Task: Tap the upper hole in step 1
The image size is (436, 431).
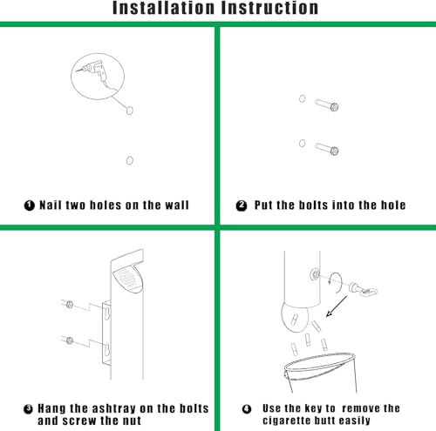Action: [x=130, y=111]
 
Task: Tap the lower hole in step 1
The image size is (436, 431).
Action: [x=130, y=160]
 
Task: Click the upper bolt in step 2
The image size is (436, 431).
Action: [x=327, y=105]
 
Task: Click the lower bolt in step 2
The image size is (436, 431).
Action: [x=327, y=149]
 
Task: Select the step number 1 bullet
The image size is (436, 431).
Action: [x=30, y=205]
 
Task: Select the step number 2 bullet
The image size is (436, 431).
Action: [x=242, y=205]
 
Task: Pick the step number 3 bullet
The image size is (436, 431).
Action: [x=28, y=409]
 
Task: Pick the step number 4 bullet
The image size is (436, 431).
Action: [x=247, y=409]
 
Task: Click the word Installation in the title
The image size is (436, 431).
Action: [x=163, y=8]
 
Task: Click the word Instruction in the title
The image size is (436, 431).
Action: [x=270, y=8]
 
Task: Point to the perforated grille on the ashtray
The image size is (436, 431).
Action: [x=128, y=278]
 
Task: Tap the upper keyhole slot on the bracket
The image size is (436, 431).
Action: [x=107, y=313]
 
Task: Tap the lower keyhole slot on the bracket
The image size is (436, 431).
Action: [x=107, y=350]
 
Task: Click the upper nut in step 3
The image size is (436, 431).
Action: [x=70, y=305]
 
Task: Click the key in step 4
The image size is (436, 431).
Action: [x=363, y=289]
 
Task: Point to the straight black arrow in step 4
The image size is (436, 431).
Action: [x=337, y=306]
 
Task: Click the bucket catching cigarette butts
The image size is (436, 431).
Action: [x=320, y=373]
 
